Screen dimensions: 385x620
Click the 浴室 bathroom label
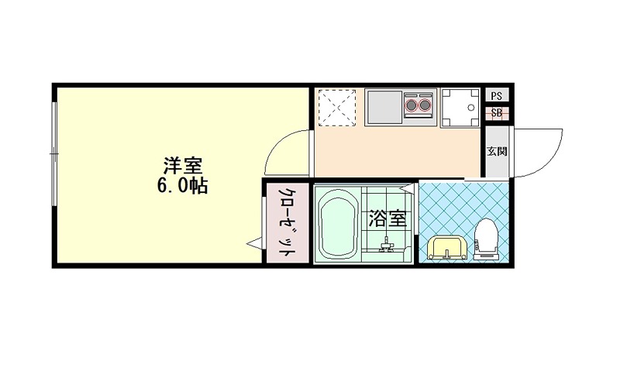387,219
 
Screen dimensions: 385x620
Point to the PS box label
496,96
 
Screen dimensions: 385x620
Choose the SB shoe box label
496,114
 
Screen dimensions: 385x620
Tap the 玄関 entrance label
496,151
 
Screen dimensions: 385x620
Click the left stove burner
411,104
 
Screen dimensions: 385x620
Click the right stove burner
425,104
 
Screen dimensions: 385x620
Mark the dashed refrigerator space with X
337,107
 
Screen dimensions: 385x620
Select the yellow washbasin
447,248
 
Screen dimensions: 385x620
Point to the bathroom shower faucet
387,246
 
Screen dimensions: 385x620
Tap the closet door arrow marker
253,245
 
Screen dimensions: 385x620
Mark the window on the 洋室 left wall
54,155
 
